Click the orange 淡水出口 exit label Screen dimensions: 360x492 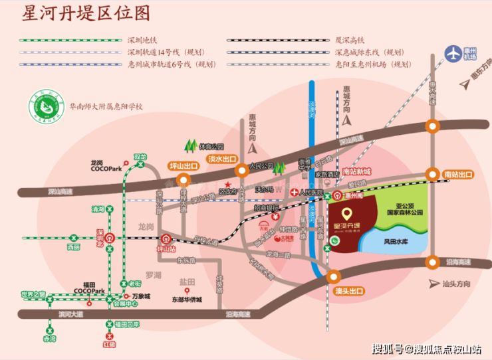(222, 159)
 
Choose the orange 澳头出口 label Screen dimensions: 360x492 (348, 291)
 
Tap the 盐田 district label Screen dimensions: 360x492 (188, 282)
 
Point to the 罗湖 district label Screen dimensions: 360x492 (154, 274)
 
